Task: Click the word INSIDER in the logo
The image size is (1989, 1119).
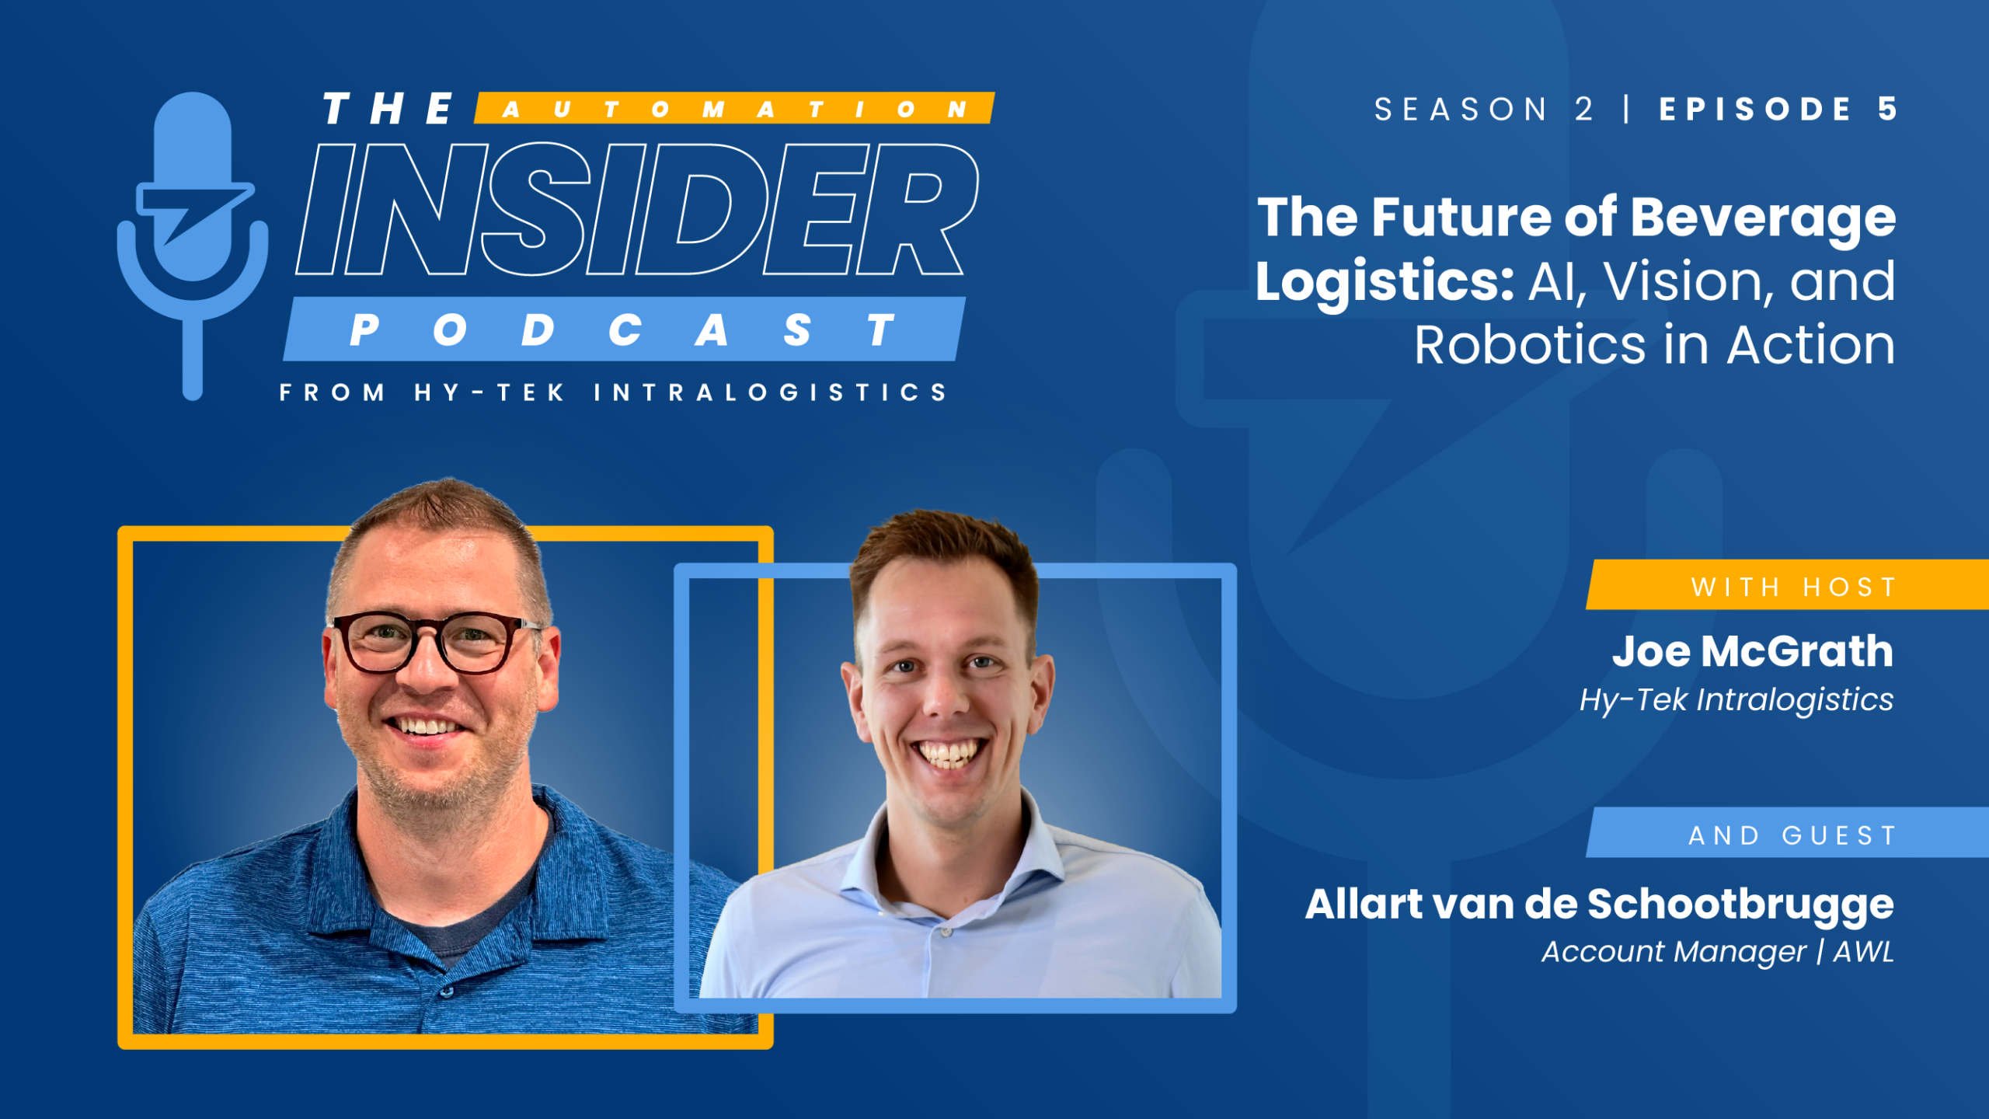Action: point(637,210)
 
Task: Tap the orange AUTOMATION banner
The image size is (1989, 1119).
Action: point(734,109)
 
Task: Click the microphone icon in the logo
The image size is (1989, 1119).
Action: point(193,233)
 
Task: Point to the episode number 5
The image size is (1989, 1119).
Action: point(1888,109)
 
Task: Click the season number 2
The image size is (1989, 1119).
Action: point(1583,110)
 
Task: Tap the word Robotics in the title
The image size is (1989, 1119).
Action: point(1529,346)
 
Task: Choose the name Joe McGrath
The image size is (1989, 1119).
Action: point(1752,651)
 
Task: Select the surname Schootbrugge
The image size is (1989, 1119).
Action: point(1740,905)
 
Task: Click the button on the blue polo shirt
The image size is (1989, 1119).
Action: point(445,992)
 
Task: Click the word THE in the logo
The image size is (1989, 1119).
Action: point(388,109)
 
